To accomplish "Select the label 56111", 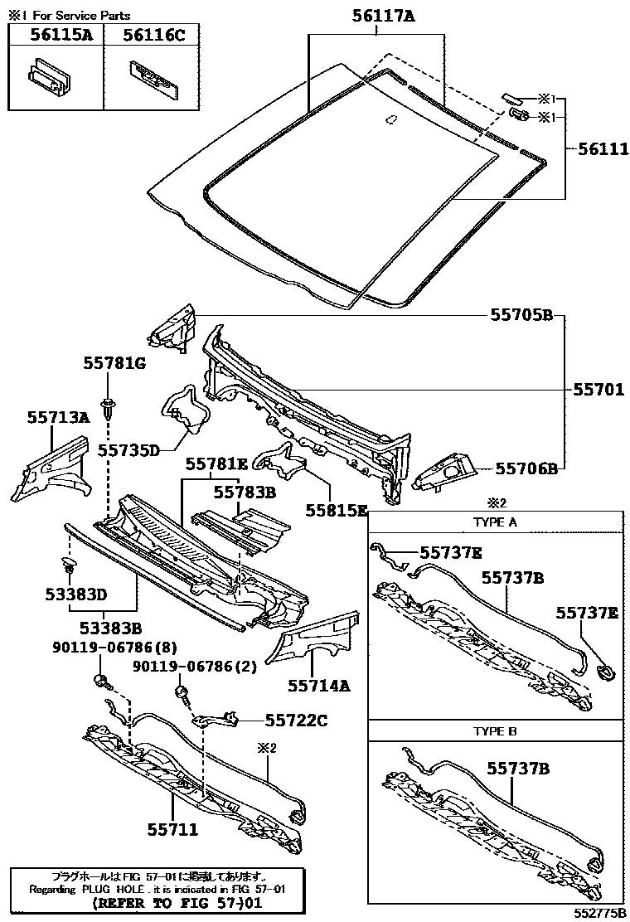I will [x=597, y=149].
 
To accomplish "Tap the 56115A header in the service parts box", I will [x=57, y=34].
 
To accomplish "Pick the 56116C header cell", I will [x=153, y=34].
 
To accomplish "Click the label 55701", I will [x=597, y=388].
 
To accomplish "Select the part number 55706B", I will [x=525, y=468].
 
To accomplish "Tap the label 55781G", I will [x=114, y=363].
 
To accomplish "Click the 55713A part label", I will [x=58, y=417].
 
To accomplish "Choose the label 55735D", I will [x=128, y=450].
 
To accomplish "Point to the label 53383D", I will [x=76, y=594].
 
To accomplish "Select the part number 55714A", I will [x=319, y=685].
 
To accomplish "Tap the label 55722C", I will [x=296, y=721].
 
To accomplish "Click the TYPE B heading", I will [x=495, y=731].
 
